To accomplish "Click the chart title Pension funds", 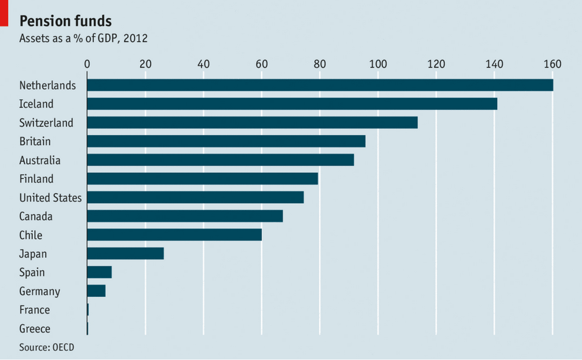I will (x=66, y=21).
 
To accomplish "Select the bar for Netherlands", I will (x=320, y=86).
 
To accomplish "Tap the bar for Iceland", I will (x=292, y=104).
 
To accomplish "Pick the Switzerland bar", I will (x=252, y=123).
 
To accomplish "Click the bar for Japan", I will (x=125, y=253).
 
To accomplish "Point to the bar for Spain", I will (x=99, y=272).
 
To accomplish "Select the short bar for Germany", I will (x=96, y=291).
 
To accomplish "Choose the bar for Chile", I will (x=174, y=235).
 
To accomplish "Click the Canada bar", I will (x=185, y=216).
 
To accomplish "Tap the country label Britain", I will (x=35, y=141).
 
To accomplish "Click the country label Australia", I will (x=40, y=160).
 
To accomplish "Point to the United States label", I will (x=50, y=198).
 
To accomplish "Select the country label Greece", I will (x=35, y=328).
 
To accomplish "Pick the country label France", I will (x=35, y=310).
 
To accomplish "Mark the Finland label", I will (x=37, y=179).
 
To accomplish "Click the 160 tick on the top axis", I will (x=552, y=64).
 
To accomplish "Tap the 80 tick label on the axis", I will (x=320, y=64).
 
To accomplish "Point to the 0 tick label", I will (x=87, y=64).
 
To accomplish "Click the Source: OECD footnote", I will (x=46, y=347).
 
